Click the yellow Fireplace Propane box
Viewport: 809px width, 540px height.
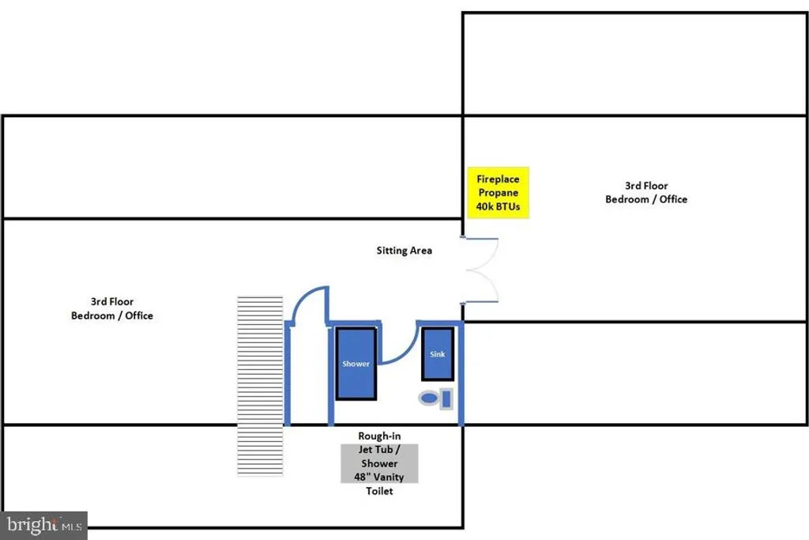(x=498, y=193)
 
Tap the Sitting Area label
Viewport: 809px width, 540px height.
(x=404, y=251)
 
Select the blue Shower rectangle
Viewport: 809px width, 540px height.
(x=356, y=364)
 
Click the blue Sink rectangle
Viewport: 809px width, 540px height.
(x=438, y=354)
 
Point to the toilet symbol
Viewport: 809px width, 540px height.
(x=435, y=398)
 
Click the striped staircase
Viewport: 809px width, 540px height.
(x=261, y=386)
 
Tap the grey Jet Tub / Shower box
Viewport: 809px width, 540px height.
(x=379, y=463)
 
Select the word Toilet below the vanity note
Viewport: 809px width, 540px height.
(x=379, y=491)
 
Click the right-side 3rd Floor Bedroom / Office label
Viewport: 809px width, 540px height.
(x=645, y=193)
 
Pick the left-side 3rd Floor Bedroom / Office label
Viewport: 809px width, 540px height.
(x=111, y=308)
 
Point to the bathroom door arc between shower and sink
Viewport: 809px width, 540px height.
(x=399, y=346)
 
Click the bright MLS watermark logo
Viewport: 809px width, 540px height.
(x=44, y=524)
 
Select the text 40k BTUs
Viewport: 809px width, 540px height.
(x=498, y=207)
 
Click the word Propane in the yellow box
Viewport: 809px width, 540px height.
(x=498, y=193)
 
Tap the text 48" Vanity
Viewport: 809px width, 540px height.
(x=379, y=477)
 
